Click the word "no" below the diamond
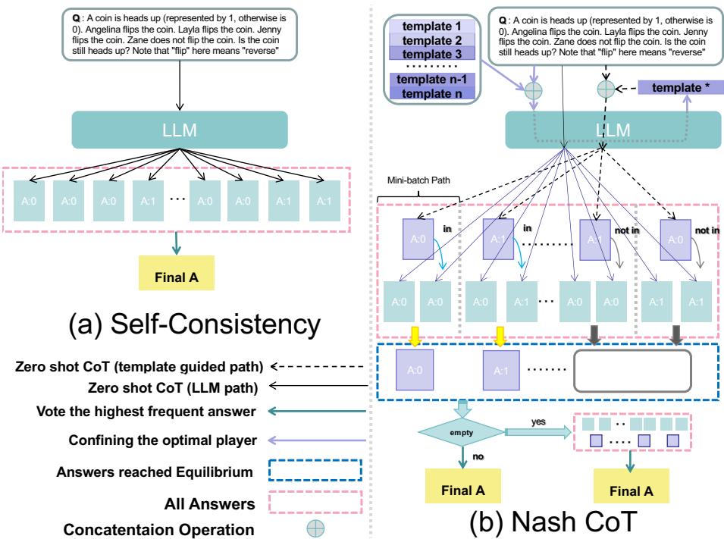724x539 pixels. click(478, 458)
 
